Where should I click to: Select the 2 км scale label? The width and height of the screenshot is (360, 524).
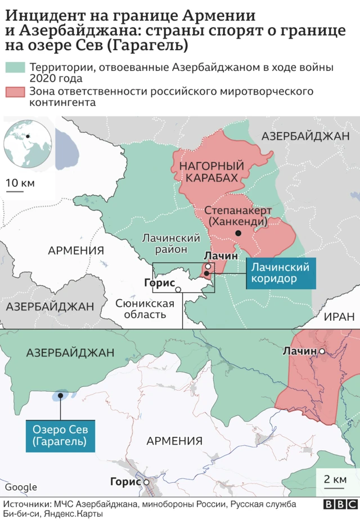tap(336, 480)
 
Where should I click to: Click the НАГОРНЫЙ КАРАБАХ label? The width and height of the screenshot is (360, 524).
tap(211, 172)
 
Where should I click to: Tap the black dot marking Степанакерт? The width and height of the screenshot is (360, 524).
tap(238, 233)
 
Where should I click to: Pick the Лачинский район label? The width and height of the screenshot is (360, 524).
tap(172, 244)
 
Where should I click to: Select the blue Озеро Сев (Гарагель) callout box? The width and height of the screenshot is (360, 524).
tap(59, 436)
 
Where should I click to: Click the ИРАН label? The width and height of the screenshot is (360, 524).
tap(340, 317)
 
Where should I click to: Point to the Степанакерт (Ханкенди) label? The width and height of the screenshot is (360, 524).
tap(238, 216)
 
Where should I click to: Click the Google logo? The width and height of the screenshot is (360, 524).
tap(21, 487)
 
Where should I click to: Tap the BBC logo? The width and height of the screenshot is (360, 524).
tap(336, 505)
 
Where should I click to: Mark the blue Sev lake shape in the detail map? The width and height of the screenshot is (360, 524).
tap(60, 395)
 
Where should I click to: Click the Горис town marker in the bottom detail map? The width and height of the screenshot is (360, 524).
tap(146, 482)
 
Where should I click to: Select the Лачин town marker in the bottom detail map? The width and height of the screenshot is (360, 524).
tap(322, 351)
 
